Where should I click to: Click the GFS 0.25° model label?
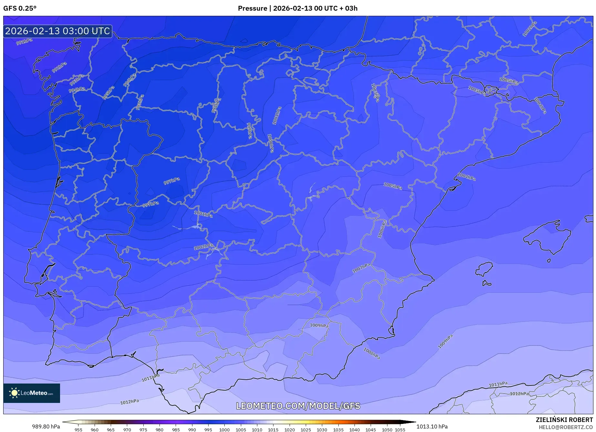pyautogui.click(x=20, y=8)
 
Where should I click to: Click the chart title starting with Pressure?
pyautogui.click(x=297, y=8)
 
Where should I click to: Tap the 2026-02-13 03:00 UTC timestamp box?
pyautogui.click(x=58, y=31)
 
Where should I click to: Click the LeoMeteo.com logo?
pyautogui.click(x=32, y=393)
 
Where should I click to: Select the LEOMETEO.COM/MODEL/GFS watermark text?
pyautogui.click(x=298, y=406)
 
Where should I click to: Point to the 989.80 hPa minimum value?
pyautogui.click(x=46, y=427)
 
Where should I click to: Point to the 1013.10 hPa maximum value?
pyautogui.click(x=432, y=427)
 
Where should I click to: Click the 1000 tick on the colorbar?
pyautogui.click(x=224, y=429)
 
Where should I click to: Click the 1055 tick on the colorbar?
pyautogui.click(x=400, y=429)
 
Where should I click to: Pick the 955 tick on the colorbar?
pyautogui.click(x=78, y=429)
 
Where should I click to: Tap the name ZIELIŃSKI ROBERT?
pyautogui.click(x=564, y=420)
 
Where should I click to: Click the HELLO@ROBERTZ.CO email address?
pyautogui.click(x=565, y=427)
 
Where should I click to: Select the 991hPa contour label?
pyautogui.click(x=24, y=42)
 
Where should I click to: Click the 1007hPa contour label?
pyautogui.click(x=361, y=268)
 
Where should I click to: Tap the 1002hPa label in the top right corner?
pyautogui.click(x=529, y=29)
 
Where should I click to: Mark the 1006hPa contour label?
pyautogui.click(x=382, y=229)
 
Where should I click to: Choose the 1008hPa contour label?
pyautogui.click(x=372, y=353)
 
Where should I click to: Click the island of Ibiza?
pyautogui.click(x=485, y=269)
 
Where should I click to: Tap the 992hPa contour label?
pyautogui.click(x=59, y=67)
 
